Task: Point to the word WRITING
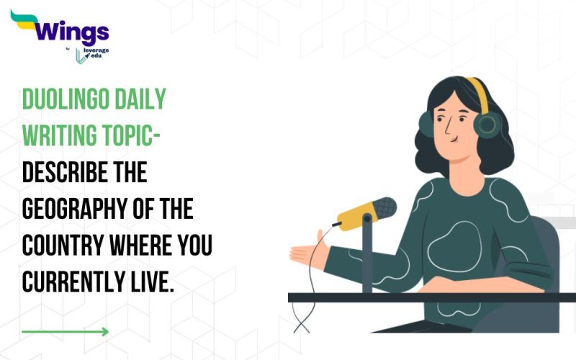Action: click(x=61, y=135)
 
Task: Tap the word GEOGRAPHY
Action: click(x=79, y=210)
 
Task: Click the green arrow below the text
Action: click(x=65, y=332)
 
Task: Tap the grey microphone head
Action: click(x=382, y=208)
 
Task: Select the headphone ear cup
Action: click(x=486, y=124)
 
